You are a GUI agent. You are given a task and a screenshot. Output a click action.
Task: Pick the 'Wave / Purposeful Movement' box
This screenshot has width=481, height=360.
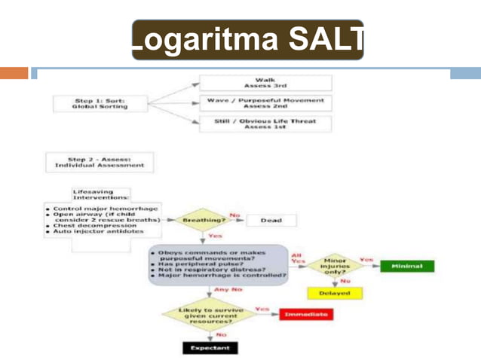(x=265, y=103)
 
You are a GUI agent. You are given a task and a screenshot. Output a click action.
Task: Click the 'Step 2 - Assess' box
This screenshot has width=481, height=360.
(x=100, y=161)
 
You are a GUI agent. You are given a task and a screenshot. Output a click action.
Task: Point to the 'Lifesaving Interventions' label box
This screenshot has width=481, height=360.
(x=98, y=195)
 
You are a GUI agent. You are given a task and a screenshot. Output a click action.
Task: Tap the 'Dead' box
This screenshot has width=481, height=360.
(x=271, y=221)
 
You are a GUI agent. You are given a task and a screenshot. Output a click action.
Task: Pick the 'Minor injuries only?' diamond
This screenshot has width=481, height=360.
(x=334, y=265)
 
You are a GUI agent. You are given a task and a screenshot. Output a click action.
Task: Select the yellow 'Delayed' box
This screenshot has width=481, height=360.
(x=334, y=293)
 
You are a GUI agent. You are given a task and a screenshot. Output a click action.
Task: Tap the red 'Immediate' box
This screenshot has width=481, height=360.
(x=306, y=314)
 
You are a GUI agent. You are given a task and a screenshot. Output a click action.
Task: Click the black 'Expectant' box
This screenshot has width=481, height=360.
(x=210, y=348)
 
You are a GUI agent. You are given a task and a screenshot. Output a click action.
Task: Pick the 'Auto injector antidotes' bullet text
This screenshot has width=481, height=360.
(x=93, y=233)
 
